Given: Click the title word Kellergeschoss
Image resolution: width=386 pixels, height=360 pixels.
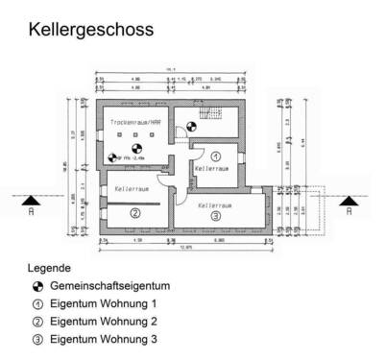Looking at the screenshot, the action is tap(90, 30).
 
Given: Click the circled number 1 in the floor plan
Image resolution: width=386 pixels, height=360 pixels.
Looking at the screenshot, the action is tap(216, 155).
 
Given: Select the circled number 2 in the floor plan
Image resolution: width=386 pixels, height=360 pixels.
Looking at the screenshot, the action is tap(135, 213).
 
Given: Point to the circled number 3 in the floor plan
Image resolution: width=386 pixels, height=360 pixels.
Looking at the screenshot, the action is tap(216, 216).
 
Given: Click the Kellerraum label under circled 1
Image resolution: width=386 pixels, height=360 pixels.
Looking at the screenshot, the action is tap(212, 169).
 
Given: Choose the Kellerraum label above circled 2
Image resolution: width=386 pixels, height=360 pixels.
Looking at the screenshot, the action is tap(133, 189).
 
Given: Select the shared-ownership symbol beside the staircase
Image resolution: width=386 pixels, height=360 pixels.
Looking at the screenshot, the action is tap(191, 125).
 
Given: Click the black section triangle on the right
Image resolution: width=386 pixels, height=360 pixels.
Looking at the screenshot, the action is tap(350, 198).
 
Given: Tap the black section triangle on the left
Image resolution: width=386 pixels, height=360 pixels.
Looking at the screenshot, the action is tap(33, 198).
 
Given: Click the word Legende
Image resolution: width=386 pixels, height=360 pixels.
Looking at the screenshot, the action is tap(50, 268).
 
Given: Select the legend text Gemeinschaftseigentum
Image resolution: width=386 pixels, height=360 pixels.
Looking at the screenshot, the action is tap(109, 286).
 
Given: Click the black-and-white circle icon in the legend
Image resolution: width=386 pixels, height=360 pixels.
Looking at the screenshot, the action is tap(36, 286).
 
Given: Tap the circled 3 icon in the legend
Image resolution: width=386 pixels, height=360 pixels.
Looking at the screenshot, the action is tap(36, 338).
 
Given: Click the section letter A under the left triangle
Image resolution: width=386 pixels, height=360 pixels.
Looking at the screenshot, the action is tap(33, 211).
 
